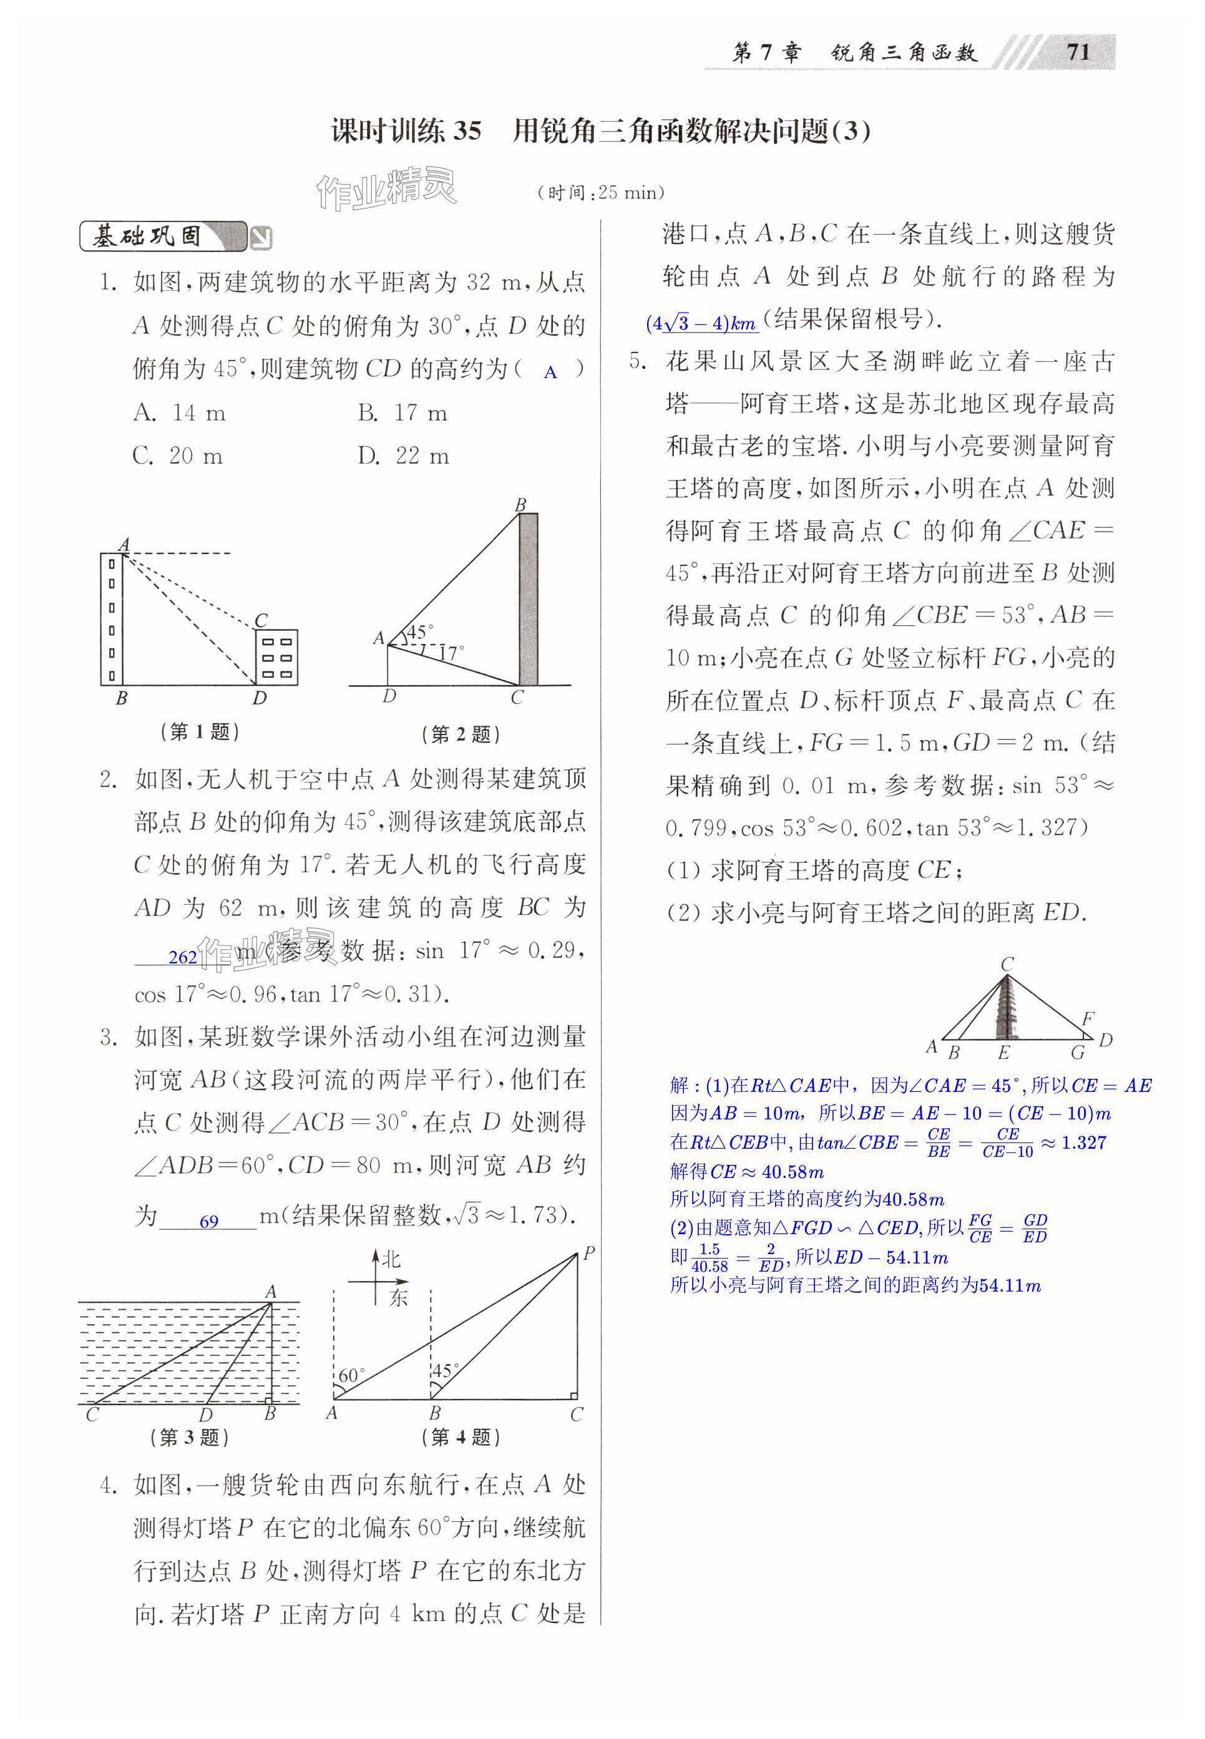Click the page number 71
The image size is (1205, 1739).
pyautogui.click(x=1078, y=52)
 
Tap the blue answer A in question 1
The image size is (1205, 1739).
pyautogui.click(x=550, y=372)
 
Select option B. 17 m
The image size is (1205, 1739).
pyautogui.click(x=402, y=413)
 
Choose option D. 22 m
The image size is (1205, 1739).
pyautogui.click(x=403, y=456)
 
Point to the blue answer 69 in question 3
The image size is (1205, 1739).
pyautogui.click(x=209, y=1221)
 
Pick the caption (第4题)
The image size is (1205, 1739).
pyautogui.click(x=461, y=1437)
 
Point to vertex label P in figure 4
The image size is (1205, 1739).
pyautogui.click(x=589, y=1254)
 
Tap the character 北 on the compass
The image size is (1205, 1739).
pyautogui.click(x=391, y=1259)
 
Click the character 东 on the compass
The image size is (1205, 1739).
pyautogui.click(x=398, y=1297)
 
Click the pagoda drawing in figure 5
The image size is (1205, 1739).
pyautogui.click(x=1006, y=1011)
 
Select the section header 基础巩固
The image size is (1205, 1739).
pyautogui.click(x=148, y=237)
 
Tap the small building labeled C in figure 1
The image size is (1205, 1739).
pyautogui.click(x=276, y=656)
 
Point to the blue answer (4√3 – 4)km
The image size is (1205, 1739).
pyautogui.click(x=701, y=324)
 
